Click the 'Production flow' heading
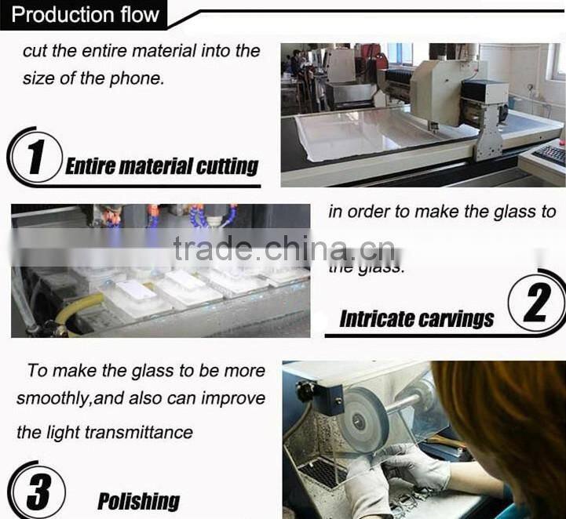[86, 14]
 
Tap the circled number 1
[36, 156]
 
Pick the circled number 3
[37, 492]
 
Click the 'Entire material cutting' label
[162, 166]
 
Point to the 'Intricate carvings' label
[416, 318]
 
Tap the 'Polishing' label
[138, 501]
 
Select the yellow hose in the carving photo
[71, 307]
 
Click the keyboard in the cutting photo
[550, 154]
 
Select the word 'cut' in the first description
[35, 52]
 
